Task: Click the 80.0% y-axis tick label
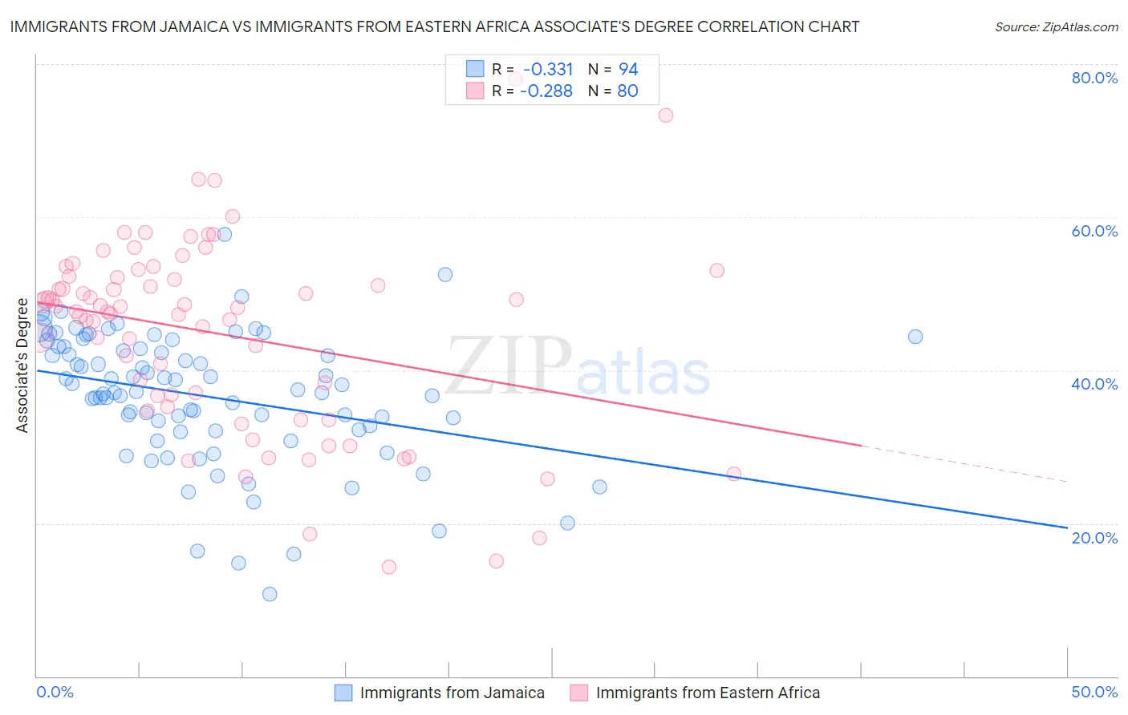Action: pos(1094,78)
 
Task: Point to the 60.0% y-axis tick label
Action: pos(1094,231)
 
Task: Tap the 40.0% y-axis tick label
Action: pos(1094,384)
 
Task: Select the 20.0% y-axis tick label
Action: pos(1094,538)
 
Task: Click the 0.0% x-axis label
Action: pos(55,692)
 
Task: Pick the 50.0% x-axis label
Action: pos(1094,692)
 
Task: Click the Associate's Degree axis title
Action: pos(22,366)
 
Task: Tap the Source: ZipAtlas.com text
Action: pos(1056,27)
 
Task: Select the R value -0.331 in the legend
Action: pos(548,70)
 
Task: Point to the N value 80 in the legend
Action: pos(627,91)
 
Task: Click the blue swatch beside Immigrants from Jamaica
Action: pos(343,693)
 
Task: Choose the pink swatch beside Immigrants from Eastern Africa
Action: pos(579,693)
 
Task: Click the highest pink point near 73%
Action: pos(665,115)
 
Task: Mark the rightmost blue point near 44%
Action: pos(915,337)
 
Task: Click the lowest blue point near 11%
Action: pos(270,594)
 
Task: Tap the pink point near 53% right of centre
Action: pos(716,270)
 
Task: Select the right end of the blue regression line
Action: pos(1066,527)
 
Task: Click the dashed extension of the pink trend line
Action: pos(963,463)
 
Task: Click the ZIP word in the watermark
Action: pos(509,367)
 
